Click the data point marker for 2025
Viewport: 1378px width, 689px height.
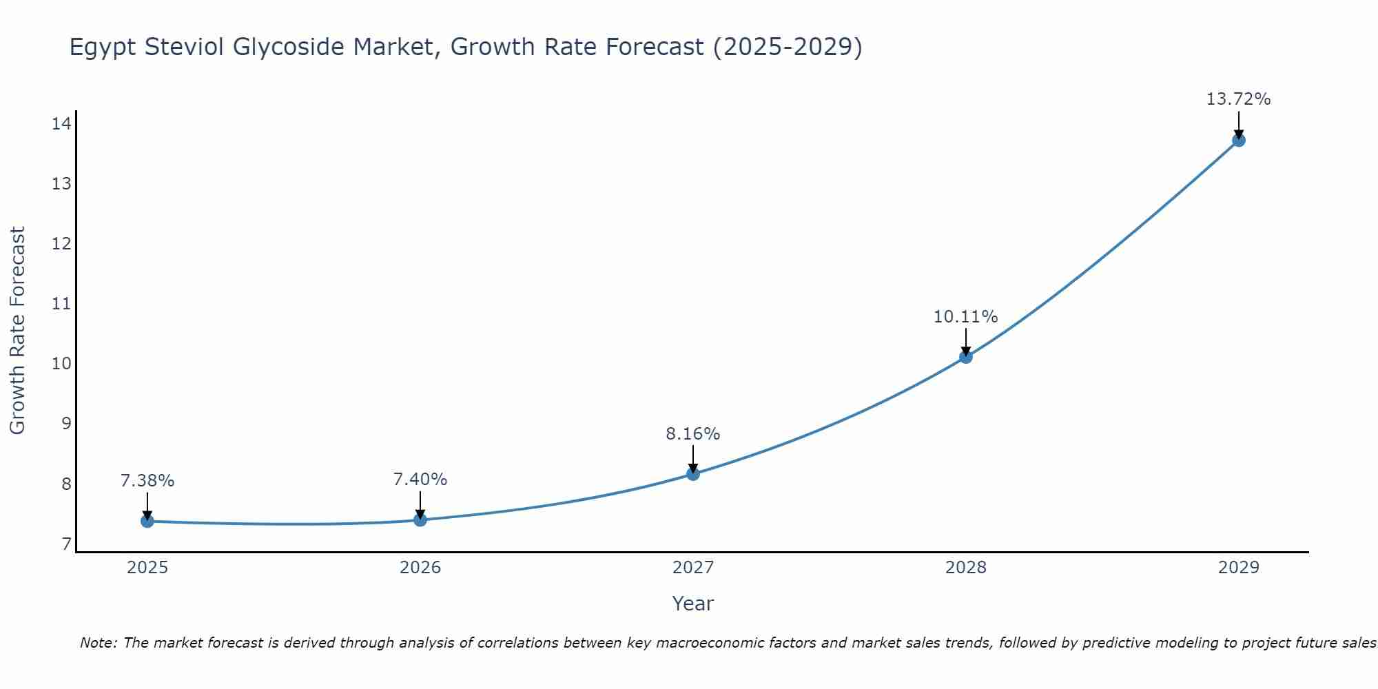pos(147,521)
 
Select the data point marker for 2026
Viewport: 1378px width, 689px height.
pos(420,520)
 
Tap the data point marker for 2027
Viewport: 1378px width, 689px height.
pos(693,473)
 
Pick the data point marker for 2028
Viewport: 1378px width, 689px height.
pos(966,356)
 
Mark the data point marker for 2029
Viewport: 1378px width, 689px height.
pos(1238,140)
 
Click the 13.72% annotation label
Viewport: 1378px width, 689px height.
pos(1238,99)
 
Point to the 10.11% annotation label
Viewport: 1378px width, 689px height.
pos(965,317)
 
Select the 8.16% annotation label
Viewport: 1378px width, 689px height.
pos(692,434)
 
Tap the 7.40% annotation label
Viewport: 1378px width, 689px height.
pos(420,480)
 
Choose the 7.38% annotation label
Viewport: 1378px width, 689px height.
pos(147,481)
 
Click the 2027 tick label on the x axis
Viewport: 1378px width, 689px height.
pos(693,568)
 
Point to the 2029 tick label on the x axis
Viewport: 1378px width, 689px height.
pos(1238,568)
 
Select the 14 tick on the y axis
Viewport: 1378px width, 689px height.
pos(61,124)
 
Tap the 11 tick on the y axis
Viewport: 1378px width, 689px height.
pos(61,304)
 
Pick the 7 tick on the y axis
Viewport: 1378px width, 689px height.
pos(66,544)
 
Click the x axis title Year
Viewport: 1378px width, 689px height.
pos(692,604)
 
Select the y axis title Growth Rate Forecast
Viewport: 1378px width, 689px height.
pos(17,331)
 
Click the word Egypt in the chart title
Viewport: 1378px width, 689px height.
pos(103,48)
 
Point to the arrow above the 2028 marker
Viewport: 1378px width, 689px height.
pos(966,342)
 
